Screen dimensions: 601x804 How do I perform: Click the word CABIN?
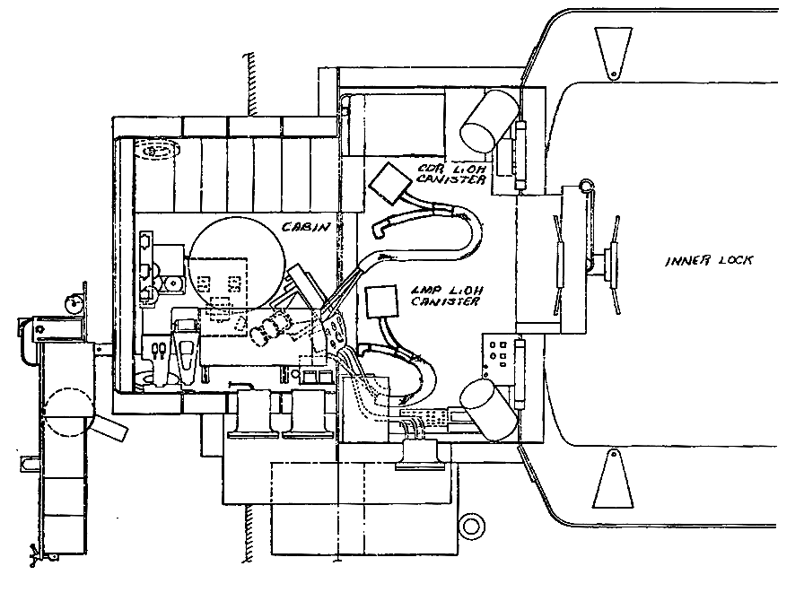click(x=304, y=227)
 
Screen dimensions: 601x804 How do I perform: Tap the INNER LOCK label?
click(x=709, y=261)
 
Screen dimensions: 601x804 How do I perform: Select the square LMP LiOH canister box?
click(x=383, y=300)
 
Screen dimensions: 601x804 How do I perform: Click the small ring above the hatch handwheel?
click(x=587, y=186)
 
